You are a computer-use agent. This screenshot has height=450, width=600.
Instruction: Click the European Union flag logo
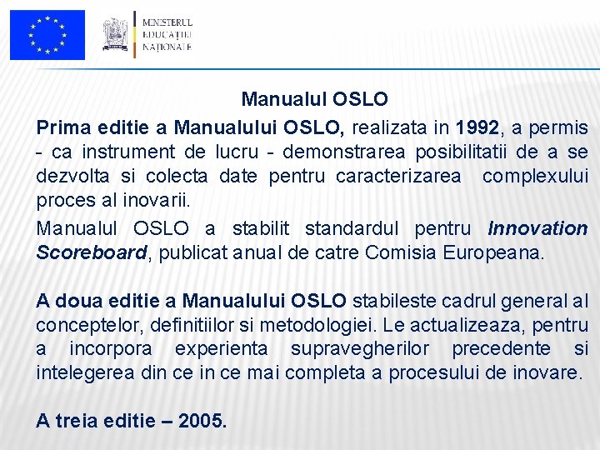47,35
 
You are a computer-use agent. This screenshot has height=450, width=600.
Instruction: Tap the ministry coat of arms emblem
115,34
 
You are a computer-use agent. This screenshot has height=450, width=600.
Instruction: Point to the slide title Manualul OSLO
314,99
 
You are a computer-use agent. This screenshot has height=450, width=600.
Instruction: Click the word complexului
535,177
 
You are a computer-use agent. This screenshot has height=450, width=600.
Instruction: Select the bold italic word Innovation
537,228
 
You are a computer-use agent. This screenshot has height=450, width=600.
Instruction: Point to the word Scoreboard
91,252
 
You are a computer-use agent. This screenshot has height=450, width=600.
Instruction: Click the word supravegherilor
398,347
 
